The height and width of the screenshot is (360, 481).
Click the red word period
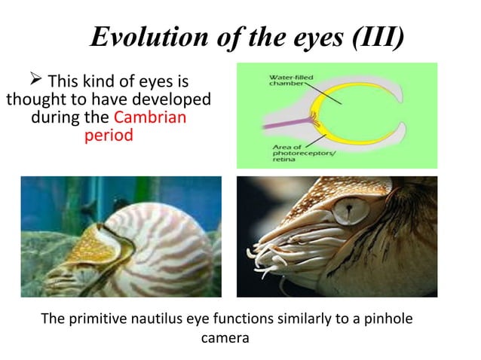109,137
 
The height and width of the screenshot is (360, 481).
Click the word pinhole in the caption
385,319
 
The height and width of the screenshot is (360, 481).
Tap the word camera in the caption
225,338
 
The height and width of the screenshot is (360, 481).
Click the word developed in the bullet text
174,100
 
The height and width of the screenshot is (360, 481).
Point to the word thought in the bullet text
33,100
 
